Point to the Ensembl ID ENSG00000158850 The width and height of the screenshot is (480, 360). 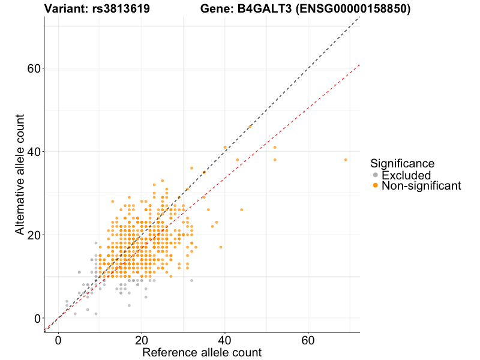[x=350, y=9]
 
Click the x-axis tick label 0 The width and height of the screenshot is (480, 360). [x=58, y=340]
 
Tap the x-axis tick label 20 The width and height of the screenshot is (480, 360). [x=142, y=340]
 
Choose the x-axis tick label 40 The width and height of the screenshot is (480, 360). [x=225, y=340]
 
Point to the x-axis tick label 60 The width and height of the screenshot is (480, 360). [x=308, y=340]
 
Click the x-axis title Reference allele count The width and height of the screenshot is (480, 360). [x=202, y=352]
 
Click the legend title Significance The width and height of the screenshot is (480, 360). [x=402, y=163]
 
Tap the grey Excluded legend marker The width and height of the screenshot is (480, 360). [x=376, y=175]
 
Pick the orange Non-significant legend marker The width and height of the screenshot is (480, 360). [x=376, y=186]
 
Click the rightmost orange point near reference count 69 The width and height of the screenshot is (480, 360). [x=346, y=160]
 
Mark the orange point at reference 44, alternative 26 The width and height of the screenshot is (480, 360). [x=242, y=210]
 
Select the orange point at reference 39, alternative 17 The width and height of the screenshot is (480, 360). [x=221, y=247]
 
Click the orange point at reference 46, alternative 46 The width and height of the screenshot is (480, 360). [x=250, y=127]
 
